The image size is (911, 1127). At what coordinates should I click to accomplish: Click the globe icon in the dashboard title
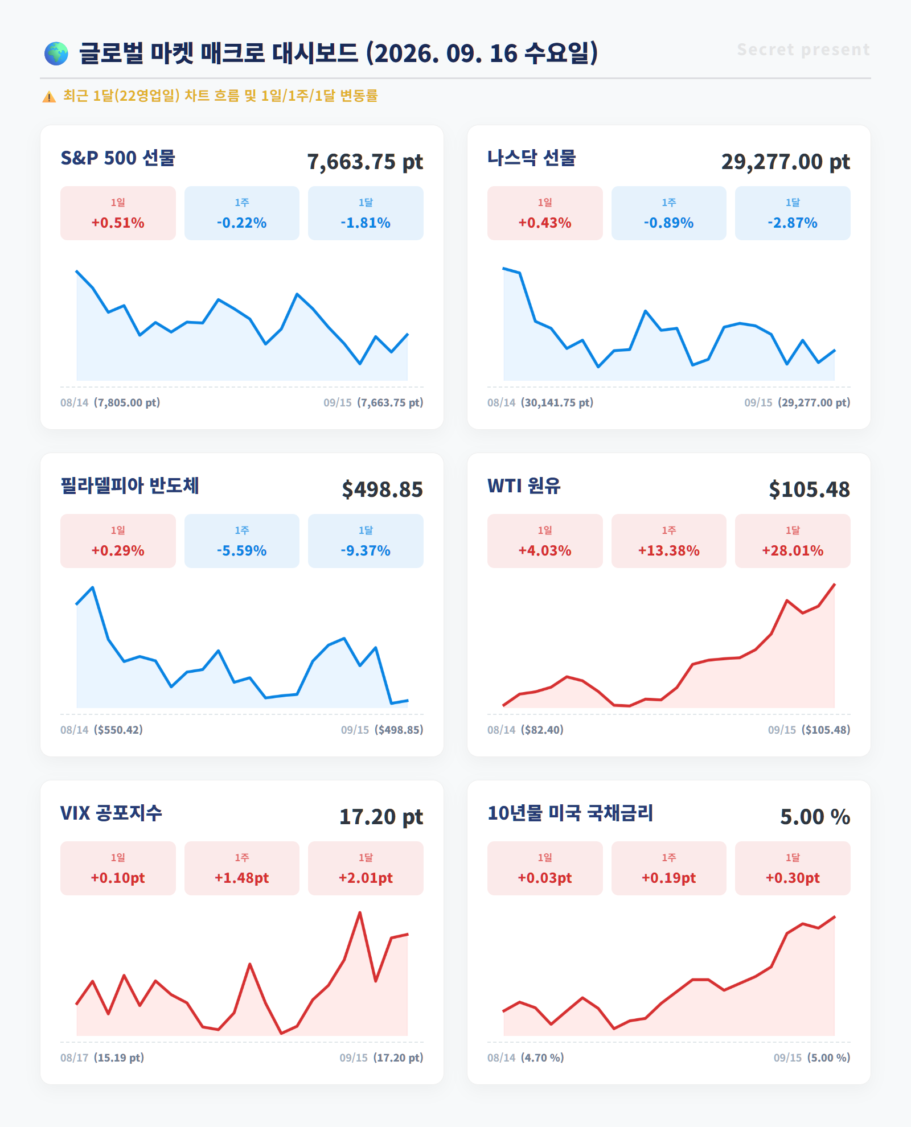[56, 54]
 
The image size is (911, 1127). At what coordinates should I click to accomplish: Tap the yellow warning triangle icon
[49, 97]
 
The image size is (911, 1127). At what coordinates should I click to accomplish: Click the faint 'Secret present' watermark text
[803, 50]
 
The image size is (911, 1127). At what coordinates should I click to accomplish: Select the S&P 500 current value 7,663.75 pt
[365, 162]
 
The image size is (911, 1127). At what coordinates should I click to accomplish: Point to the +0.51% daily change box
[118, 213]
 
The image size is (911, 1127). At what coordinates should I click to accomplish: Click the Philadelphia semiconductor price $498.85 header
[382, 490]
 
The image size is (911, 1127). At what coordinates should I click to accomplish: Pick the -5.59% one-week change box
[242, 541]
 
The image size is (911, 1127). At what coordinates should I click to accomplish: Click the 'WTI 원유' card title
[524, 486]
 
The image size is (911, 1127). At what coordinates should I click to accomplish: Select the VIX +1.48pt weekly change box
[242, 868]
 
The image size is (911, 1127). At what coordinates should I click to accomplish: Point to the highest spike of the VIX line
[360, 912]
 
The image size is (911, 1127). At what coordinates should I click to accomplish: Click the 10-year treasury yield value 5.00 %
[815, 817]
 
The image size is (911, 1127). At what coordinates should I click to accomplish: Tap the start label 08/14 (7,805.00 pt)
[110, 402]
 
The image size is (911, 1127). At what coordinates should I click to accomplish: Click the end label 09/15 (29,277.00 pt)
[797, 402]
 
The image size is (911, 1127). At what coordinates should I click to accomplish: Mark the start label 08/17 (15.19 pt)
[102, 1058]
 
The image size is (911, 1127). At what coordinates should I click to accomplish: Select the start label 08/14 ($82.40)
[526, 730]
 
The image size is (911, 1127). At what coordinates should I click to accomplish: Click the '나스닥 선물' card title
[532, 158]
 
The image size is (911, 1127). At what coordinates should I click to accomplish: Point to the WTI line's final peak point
[835, 584]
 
